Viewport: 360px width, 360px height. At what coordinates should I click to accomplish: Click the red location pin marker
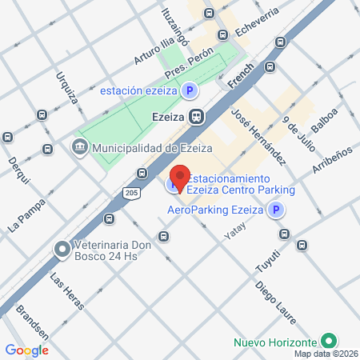pos(181,178)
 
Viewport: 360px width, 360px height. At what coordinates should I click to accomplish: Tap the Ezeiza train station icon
pos(197,116)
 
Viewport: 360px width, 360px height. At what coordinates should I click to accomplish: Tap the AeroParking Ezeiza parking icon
pos(275,210)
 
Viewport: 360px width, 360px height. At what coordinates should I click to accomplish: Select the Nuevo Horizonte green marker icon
pos(327,341)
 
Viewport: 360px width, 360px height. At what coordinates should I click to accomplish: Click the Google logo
pos(27,350)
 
